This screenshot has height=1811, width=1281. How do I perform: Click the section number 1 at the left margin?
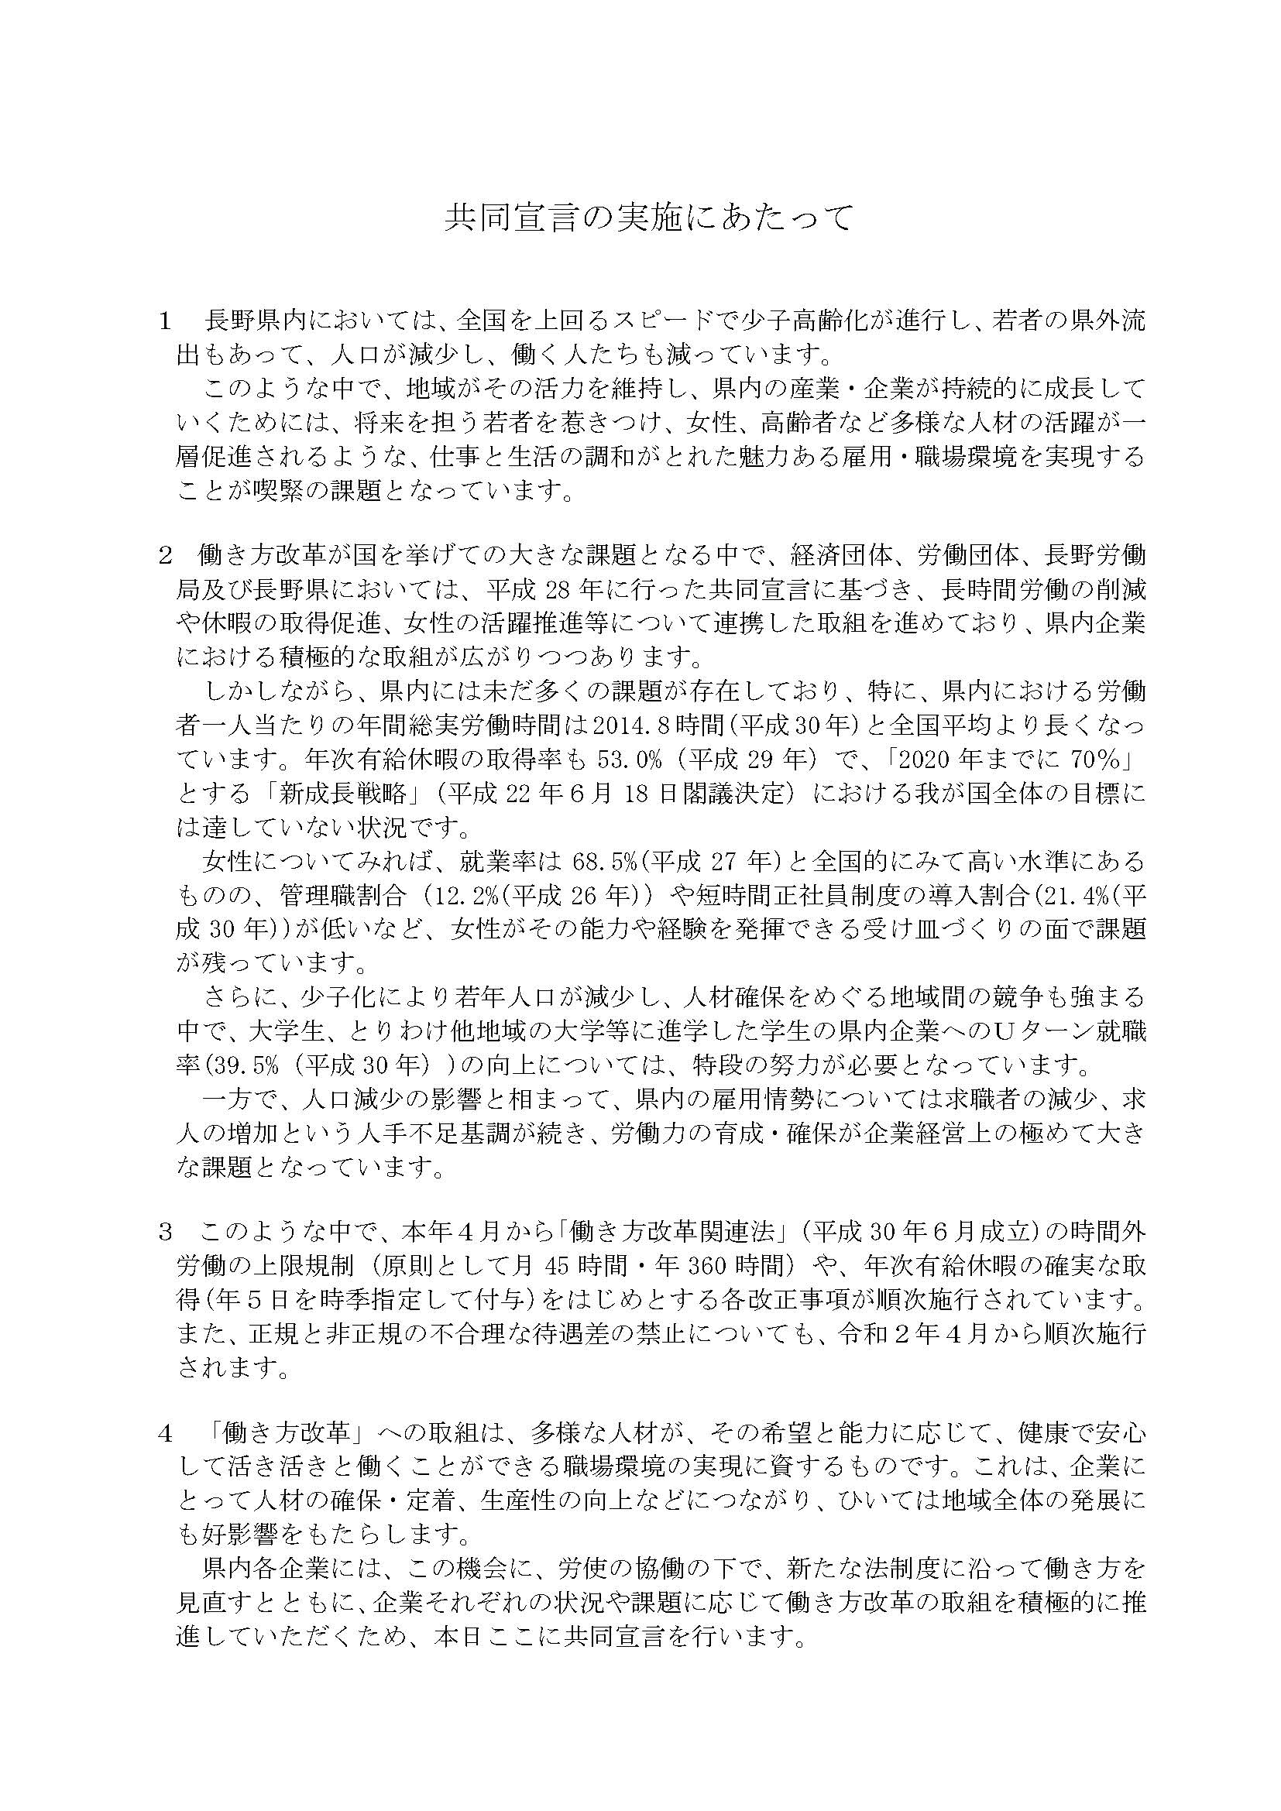click(165, 322)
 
